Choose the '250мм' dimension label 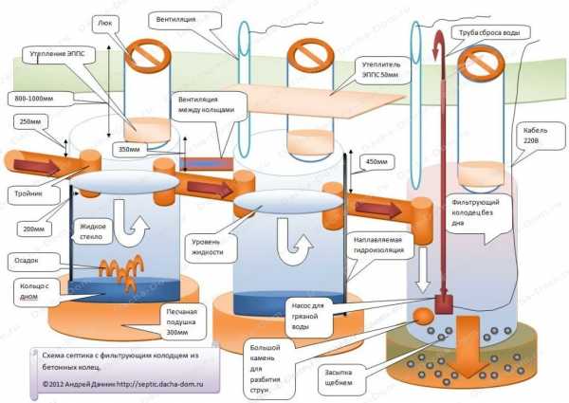28,121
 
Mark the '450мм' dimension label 376,161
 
